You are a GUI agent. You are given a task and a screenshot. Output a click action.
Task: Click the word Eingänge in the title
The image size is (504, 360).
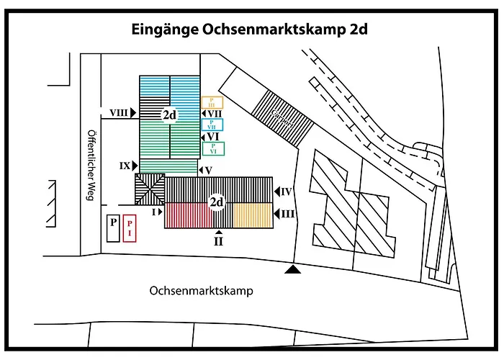coord(163,30)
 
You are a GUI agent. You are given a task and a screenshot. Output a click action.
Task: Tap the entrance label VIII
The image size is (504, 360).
coord(120,112)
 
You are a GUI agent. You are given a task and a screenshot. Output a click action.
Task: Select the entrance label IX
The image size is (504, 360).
coord(125,165)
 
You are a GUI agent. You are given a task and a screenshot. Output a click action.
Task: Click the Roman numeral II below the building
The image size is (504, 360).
coord(218,242)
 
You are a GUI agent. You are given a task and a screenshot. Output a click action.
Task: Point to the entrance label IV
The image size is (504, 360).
coord(287,192)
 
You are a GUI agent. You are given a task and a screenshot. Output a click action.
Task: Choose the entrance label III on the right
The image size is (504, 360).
coord(287,214)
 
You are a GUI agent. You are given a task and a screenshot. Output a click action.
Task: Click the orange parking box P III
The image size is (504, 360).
coord(212,104)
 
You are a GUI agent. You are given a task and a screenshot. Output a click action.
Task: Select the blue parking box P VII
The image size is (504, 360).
coord(213,125)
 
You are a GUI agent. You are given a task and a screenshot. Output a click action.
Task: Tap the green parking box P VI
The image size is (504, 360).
coord(213,148)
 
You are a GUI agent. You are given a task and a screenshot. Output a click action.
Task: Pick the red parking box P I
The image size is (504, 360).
coord(130,228)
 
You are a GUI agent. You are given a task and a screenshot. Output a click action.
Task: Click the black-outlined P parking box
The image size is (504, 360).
coord(112,227)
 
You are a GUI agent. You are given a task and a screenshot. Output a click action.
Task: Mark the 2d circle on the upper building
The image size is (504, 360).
coord(170,115)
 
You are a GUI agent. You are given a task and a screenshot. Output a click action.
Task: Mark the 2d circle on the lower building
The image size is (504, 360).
coord(217,202)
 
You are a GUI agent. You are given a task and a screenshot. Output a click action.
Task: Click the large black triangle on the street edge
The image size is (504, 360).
coord(292,269)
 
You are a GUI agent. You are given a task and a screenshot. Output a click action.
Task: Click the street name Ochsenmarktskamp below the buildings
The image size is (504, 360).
coord(203,291)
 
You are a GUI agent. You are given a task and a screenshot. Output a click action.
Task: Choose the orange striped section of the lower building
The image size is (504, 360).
coord(252,215)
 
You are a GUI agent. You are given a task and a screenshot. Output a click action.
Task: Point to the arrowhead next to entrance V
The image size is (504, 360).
coord(199,170)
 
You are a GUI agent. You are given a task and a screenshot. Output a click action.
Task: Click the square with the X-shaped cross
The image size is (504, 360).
coord(150,189)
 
